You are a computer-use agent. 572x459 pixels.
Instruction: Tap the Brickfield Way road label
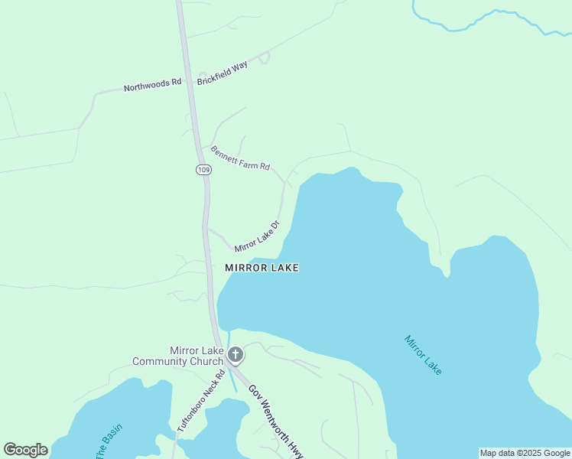point(223,73)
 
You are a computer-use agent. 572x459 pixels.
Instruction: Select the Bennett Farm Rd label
point(241,157)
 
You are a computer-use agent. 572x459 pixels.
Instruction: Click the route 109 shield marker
point(203,169)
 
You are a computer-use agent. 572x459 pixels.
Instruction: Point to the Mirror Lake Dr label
point(257,236)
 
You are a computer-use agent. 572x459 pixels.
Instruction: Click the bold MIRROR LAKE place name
point(262,268)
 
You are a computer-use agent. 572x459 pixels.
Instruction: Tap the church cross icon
point(236,354)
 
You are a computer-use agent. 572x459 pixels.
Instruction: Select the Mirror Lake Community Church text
point(178,356)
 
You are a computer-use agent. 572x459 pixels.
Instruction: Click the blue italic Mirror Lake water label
point(424,355)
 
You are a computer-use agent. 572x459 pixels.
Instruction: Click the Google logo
point(25,450)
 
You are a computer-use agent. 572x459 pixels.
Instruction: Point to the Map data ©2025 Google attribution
point(525,453)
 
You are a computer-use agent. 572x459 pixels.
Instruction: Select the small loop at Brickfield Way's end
point(265,57)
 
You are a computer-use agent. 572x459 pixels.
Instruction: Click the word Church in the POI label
point(207,362)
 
